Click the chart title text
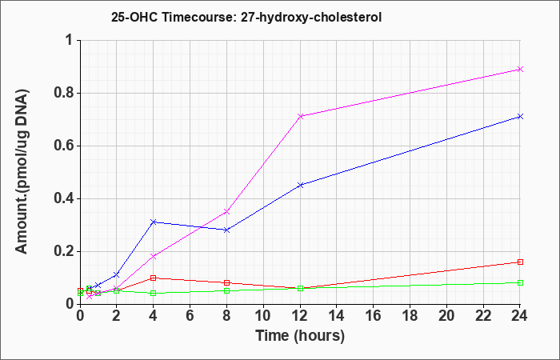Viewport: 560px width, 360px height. click(x=246, y=17)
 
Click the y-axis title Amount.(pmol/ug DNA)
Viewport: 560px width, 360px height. click(x=22, y=172)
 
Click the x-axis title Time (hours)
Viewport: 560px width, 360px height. click(x=300, y=336)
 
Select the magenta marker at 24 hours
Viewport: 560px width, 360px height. click(x=520, y=69)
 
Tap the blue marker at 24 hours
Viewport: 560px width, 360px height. click(x=520, y=117)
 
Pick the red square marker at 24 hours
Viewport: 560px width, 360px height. click(x=520, y=262)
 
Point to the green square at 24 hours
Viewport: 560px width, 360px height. click(x=520, y=282)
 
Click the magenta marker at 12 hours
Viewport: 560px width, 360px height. click(x=300, y=116)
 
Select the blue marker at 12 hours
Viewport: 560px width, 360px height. click(x=300, y=185)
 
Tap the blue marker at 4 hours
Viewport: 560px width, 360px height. click(x=154, y=222)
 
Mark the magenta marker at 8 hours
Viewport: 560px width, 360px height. click(x=226, y=211)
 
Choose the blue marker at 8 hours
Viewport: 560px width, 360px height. click(x=226, y=230)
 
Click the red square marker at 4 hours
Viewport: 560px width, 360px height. click(x=154, y=278)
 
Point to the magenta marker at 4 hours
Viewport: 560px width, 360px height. click(x=154, y=256)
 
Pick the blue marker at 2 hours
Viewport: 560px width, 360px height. click(x=117, y=274)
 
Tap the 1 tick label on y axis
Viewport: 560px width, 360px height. click(x=70, y=40)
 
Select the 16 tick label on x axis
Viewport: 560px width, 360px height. click(x=374, y=315)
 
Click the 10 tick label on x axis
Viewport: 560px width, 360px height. click(x=263, y=315)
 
